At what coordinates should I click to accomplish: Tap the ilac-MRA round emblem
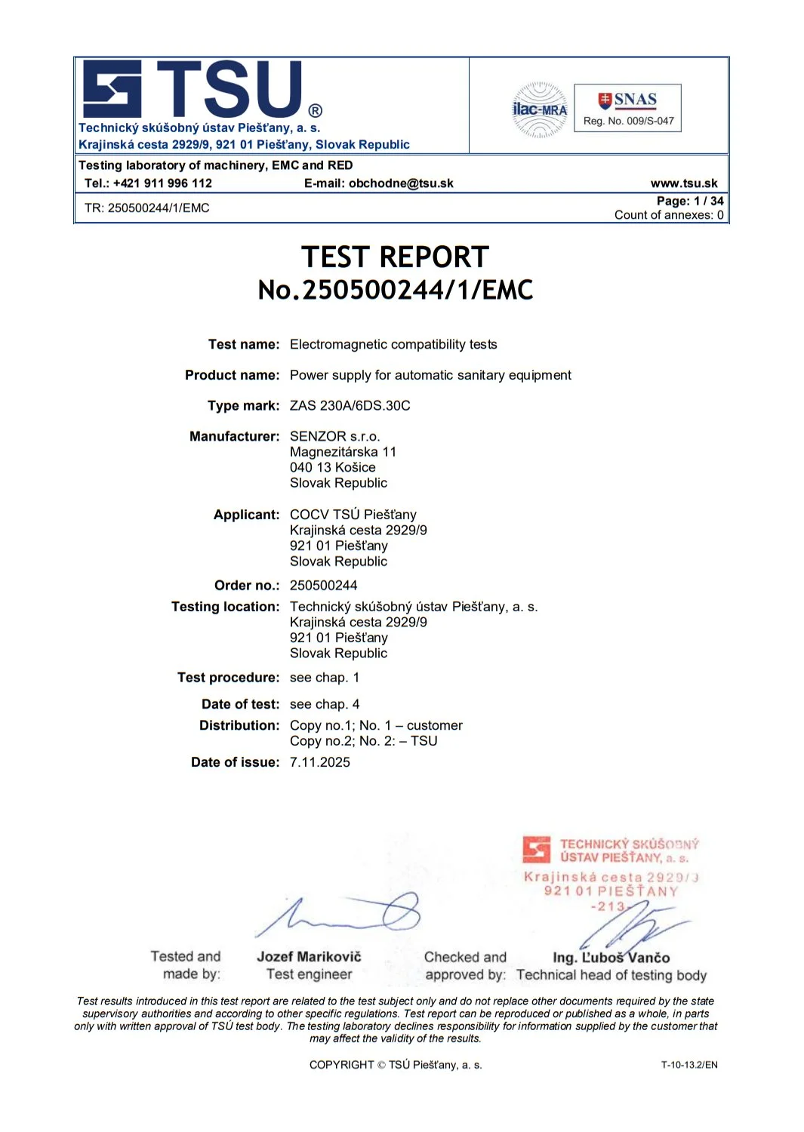tap(540, 109)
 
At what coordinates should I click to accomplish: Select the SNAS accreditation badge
tap(627, 108)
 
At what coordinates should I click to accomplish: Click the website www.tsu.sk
tap(684, 183)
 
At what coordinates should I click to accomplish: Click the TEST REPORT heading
tap(395, 257)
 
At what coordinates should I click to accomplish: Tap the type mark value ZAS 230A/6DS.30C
tap(350, 405)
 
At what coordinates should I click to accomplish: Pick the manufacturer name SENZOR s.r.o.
tap(334, 436)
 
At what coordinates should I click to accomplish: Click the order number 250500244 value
tap(323, 585)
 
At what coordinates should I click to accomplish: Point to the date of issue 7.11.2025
tap(319, 762)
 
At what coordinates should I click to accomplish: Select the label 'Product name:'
tap(232, 375)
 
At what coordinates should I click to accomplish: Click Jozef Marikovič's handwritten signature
tap(340, 915)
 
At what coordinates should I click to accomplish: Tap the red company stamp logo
tap(536, 850)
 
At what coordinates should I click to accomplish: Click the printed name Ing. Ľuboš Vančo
tap(611, 958)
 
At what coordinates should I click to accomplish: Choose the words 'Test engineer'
tap(309, 974)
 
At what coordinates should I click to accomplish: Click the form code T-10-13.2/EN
tap(688, 1065)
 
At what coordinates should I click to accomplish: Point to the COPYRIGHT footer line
tap(395, 1065)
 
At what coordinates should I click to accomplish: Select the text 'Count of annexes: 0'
tap(668, 215)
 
